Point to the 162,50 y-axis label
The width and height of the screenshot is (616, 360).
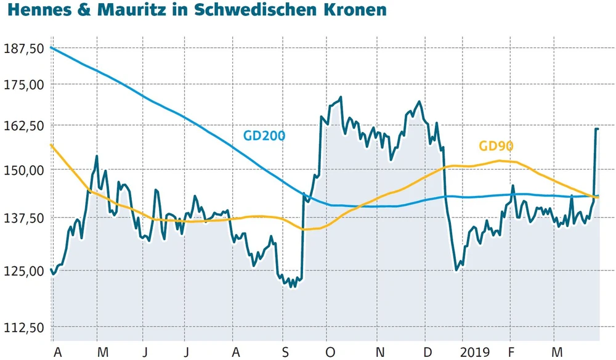pos(23,125)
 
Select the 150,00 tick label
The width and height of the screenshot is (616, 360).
pos(23,170)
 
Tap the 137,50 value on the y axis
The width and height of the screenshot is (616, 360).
pos(23,218)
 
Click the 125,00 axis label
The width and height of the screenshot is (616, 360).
pos(23,271)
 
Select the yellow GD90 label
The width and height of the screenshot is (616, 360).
pos(496,146)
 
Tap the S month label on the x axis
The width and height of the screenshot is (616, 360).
pos(285,351)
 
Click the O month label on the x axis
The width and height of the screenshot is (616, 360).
pos(330,351)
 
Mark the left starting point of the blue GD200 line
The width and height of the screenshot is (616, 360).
pos(52,47)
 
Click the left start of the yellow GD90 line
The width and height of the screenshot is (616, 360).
pos(52,145)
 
